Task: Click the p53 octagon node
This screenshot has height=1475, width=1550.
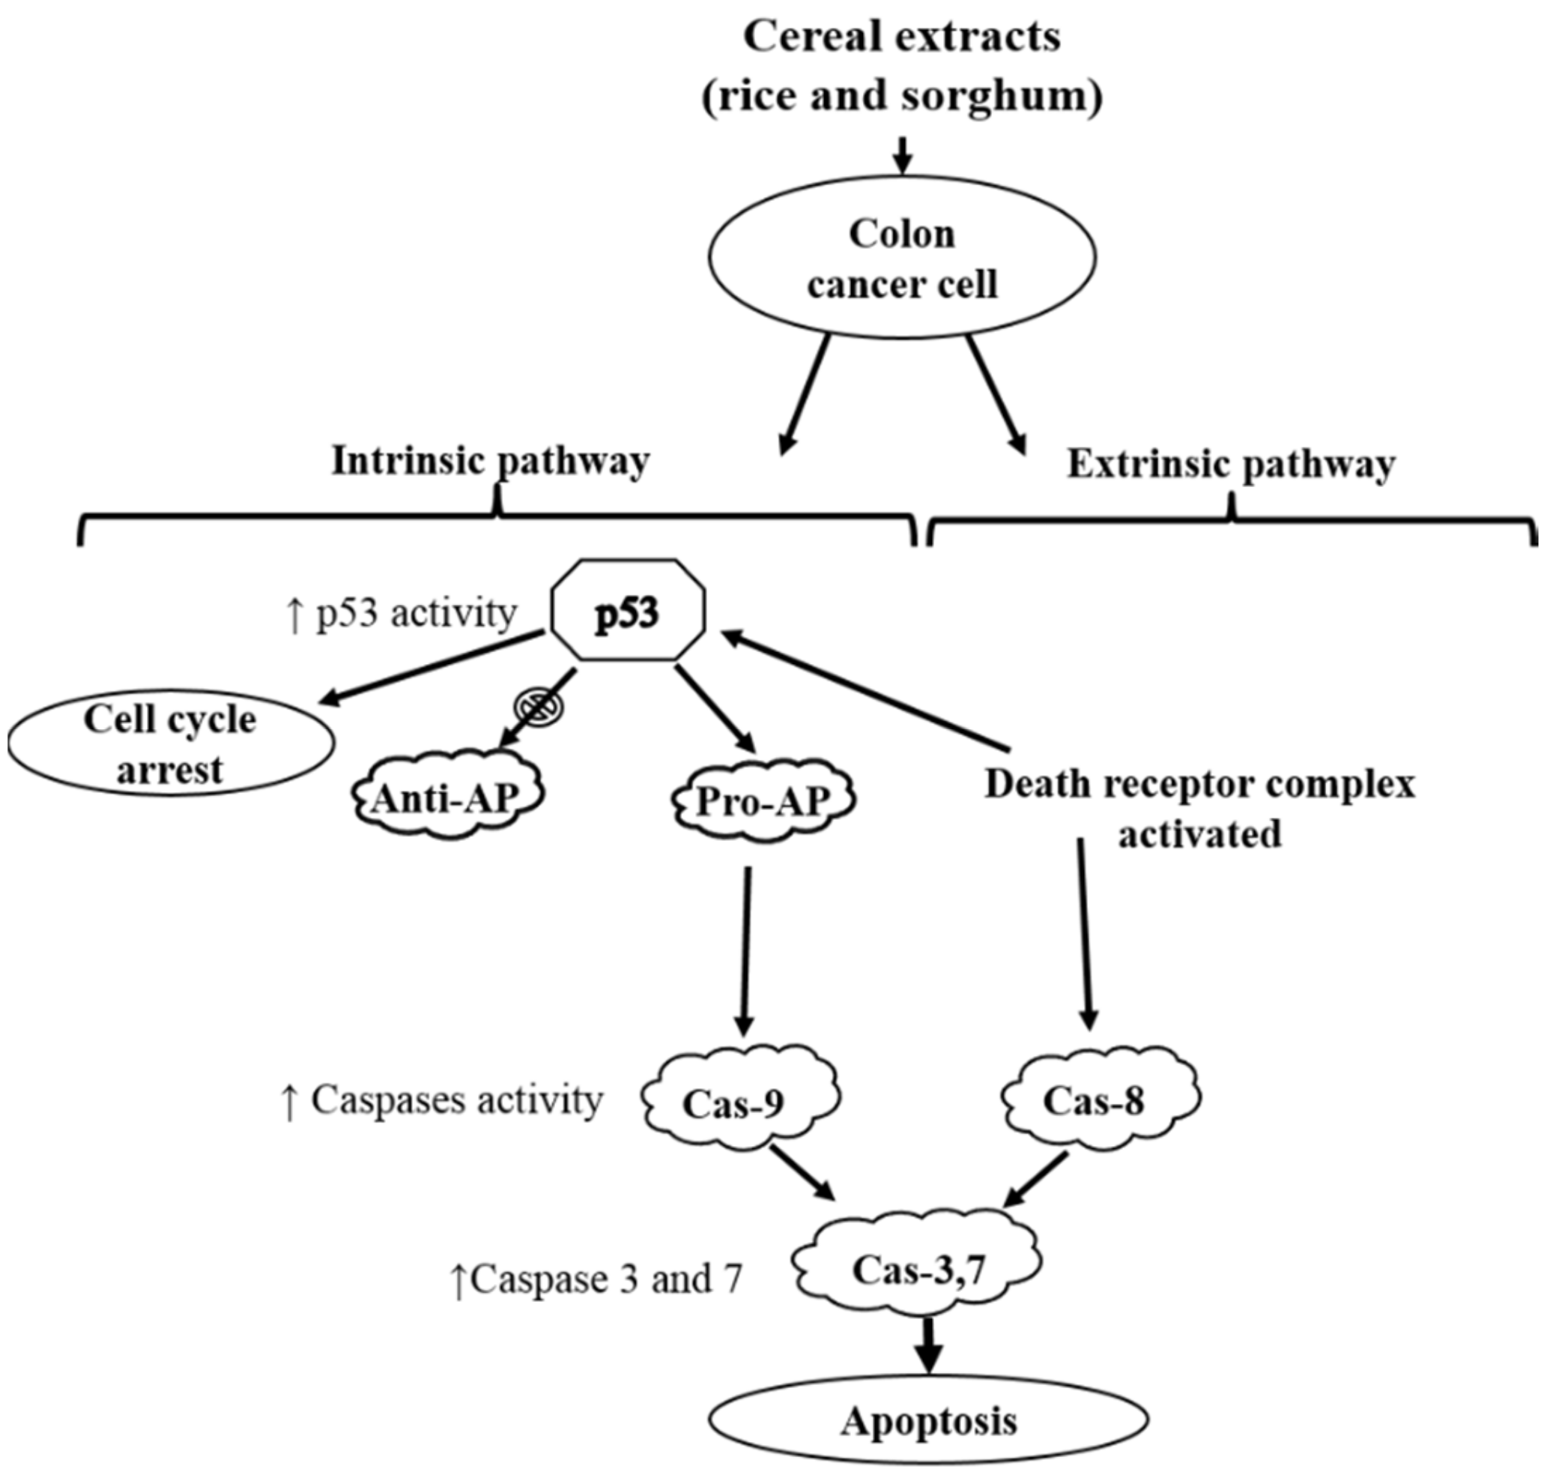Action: (628, 614)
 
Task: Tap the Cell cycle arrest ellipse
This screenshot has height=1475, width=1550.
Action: (171, 743)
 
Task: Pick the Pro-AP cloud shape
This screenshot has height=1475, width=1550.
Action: (763, 801)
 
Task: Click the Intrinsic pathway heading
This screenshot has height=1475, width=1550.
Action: (491, 462)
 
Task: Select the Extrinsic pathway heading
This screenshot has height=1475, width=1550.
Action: (1230, 465)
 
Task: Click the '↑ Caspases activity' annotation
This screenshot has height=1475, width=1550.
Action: (441, 1102)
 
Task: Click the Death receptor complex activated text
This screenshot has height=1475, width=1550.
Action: (1200, 809)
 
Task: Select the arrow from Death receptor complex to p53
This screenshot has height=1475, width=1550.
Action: (865, 688)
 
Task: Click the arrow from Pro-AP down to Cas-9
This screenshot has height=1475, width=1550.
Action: (745, 951)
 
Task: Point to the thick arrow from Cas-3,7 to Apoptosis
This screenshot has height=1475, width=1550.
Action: (929, 1347)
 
